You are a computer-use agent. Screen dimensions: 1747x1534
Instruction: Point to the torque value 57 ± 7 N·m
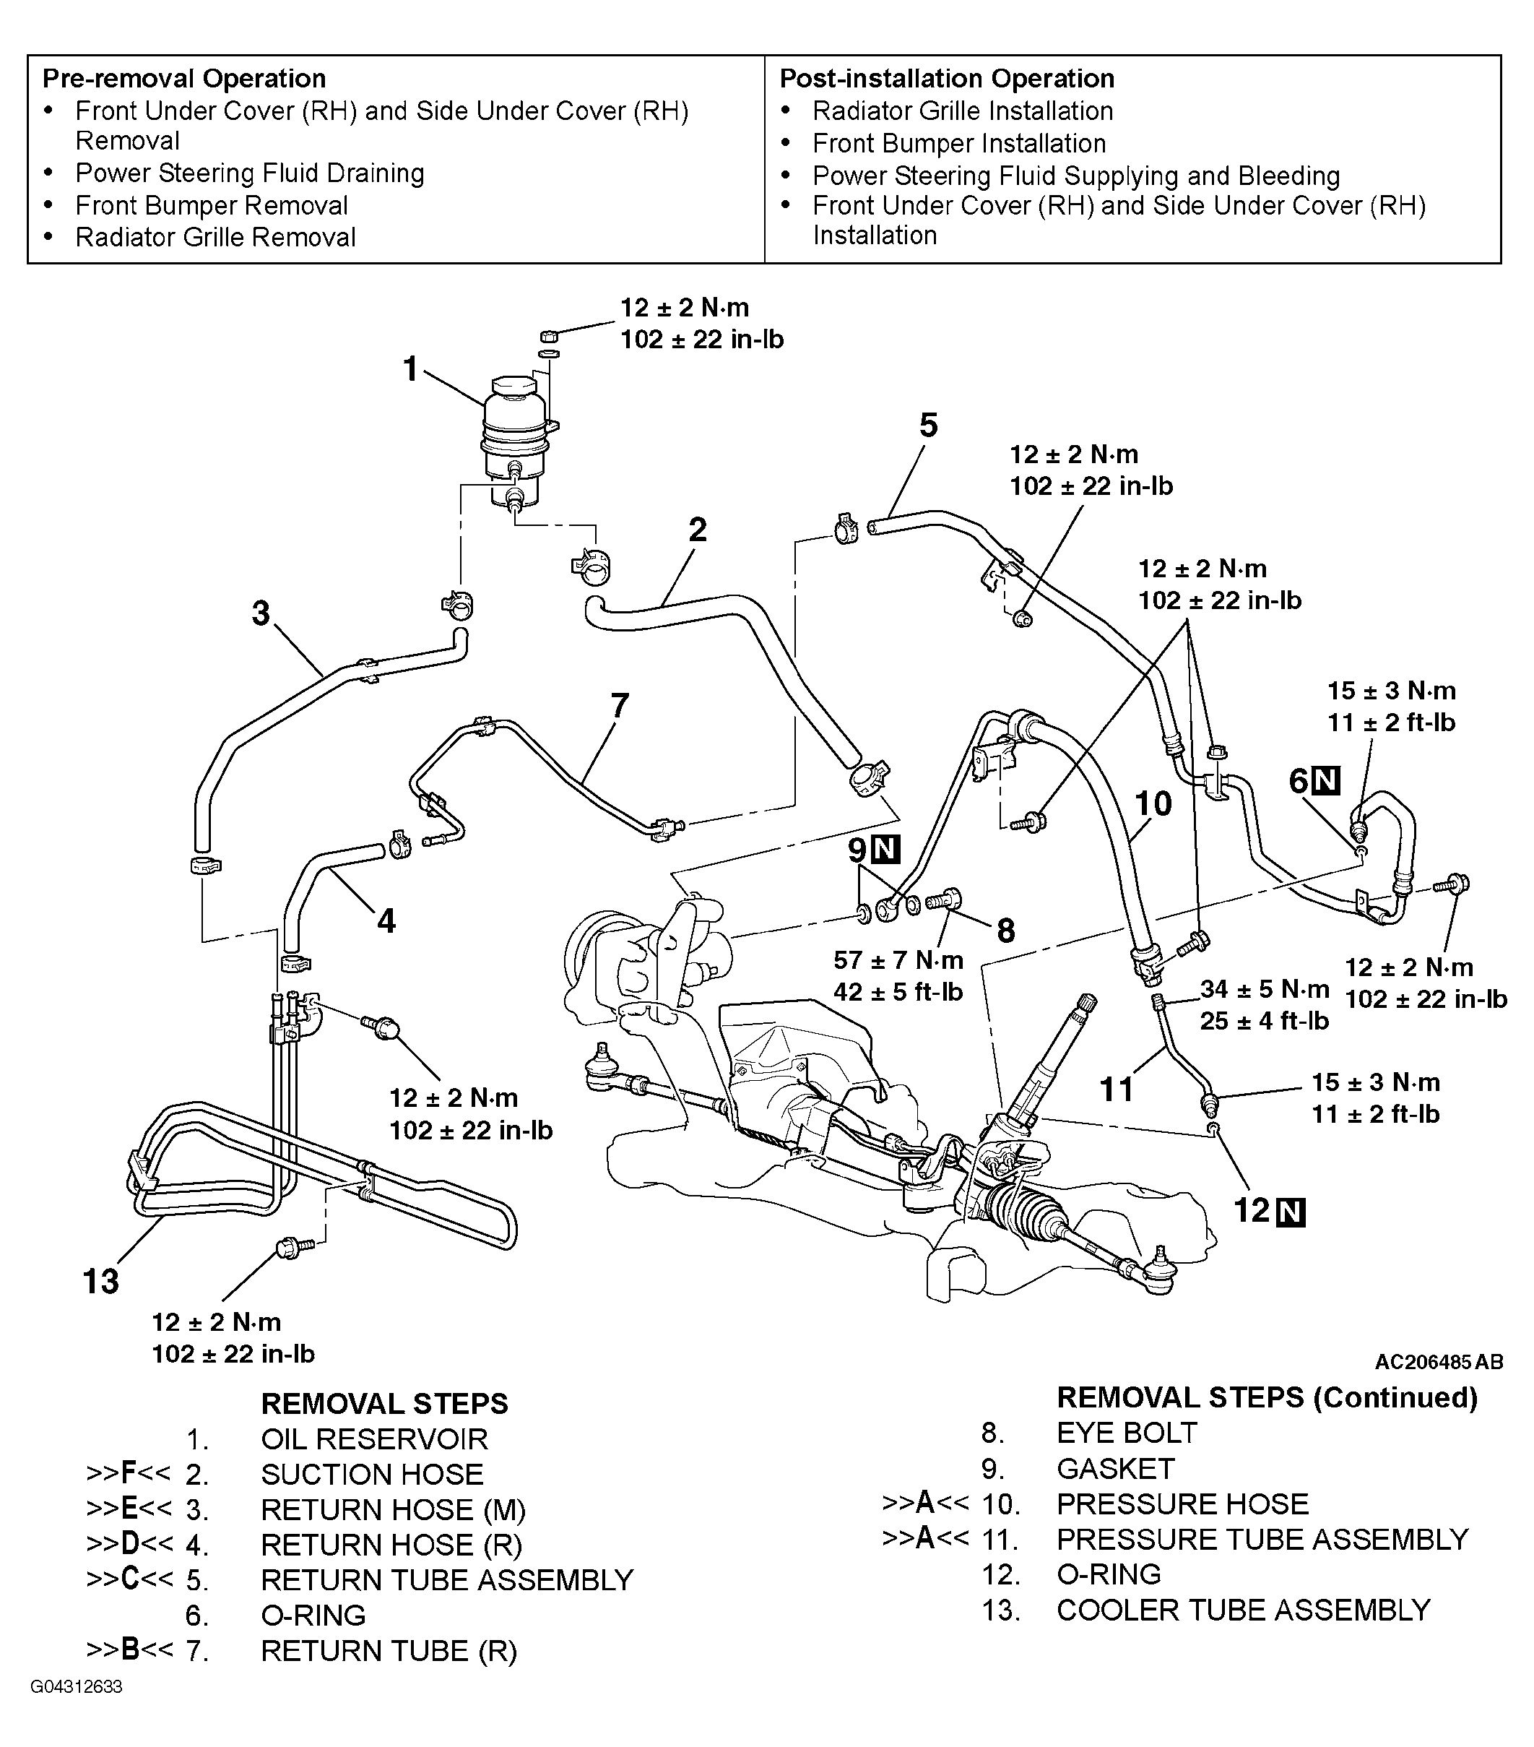pos(898,959)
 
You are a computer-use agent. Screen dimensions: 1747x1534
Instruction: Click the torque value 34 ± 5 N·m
pos(1265,989)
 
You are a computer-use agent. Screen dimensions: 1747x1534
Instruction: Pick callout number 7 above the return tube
pos(620,705)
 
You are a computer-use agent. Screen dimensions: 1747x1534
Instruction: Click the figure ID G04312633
pos(77,1687)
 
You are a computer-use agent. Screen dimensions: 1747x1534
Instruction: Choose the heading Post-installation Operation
pos(947,79)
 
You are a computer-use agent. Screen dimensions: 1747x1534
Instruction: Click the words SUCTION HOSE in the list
pos(372,1475)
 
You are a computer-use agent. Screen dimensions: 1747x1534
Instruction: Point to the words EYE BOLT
pos(1127,1433)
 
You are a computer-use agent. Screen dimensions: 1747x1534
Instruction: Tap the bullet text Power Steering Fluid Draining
pos(250,173)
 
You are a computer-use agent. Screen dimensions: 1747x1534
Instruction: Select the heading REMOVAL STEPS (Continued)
pos(1267,1397)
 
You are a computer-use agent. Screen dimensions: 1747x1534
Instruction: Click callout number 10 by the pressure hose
pos(1153,803)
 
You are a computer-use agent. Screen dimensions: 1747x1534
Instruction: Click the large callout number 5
pos(929,426)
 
